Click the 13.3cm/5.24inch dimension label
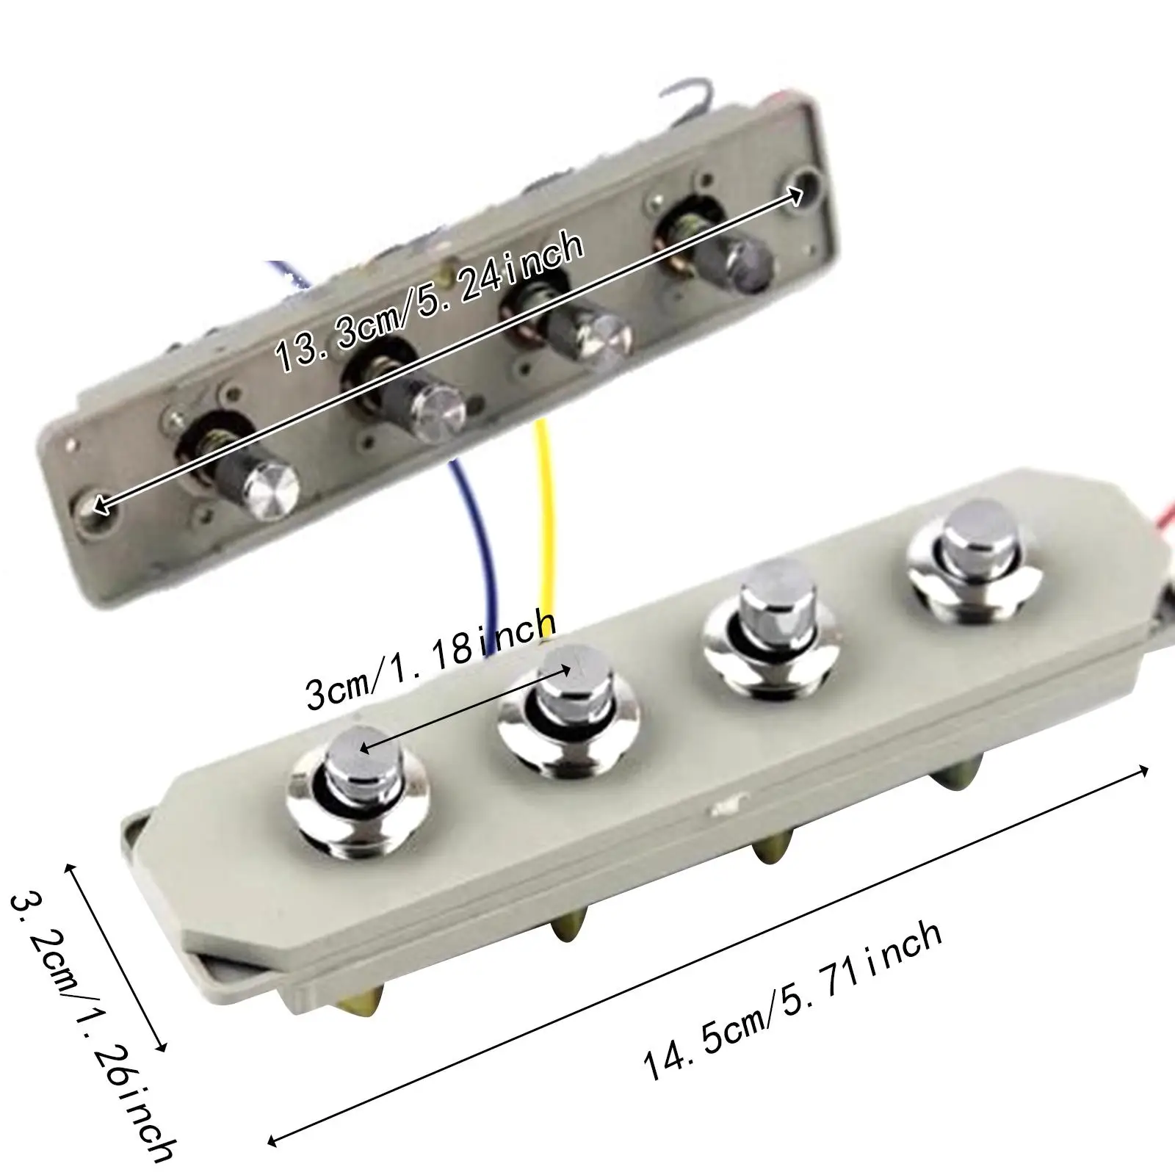(x=430, y=303)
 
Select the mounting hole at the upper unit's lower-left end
(x=95, y=506)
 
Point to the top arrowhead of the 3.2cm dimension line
(x=70, y=867)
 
